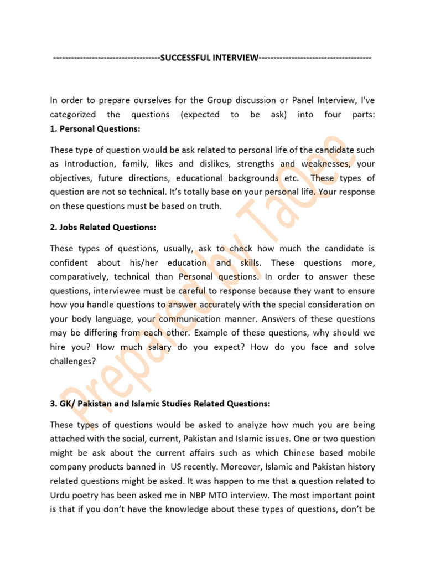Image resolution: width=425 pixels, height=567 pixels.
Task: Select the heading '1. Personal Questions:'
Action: click(95, 128)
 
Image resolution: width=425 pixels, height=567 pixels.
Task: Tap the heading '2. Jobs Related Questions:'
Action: click(103, 227)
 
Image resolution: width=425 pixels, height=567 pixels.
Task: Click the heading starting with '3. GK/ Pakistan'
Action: click(160, 404)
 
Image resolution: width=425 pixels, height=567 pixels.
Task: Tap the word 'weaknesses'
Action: click(324, 164)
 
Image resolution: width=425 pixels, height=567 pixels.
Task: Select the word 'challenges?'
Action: click(72, 361)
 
